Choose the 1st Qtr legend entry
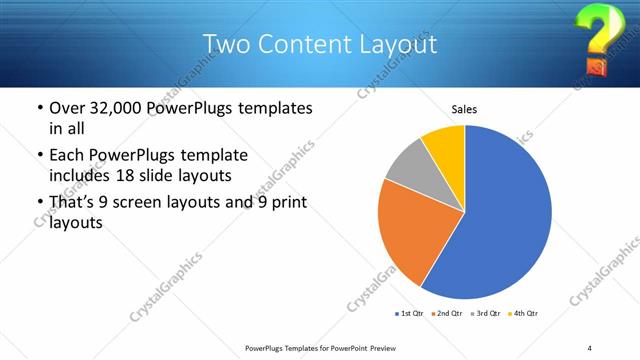point(410,314)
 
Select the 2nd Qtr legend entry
point(447,314)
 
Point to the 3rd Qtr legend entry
point(485,314)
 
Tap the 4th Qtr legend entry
point(523,314)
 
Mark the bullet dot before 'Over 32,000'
point(39,107)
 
